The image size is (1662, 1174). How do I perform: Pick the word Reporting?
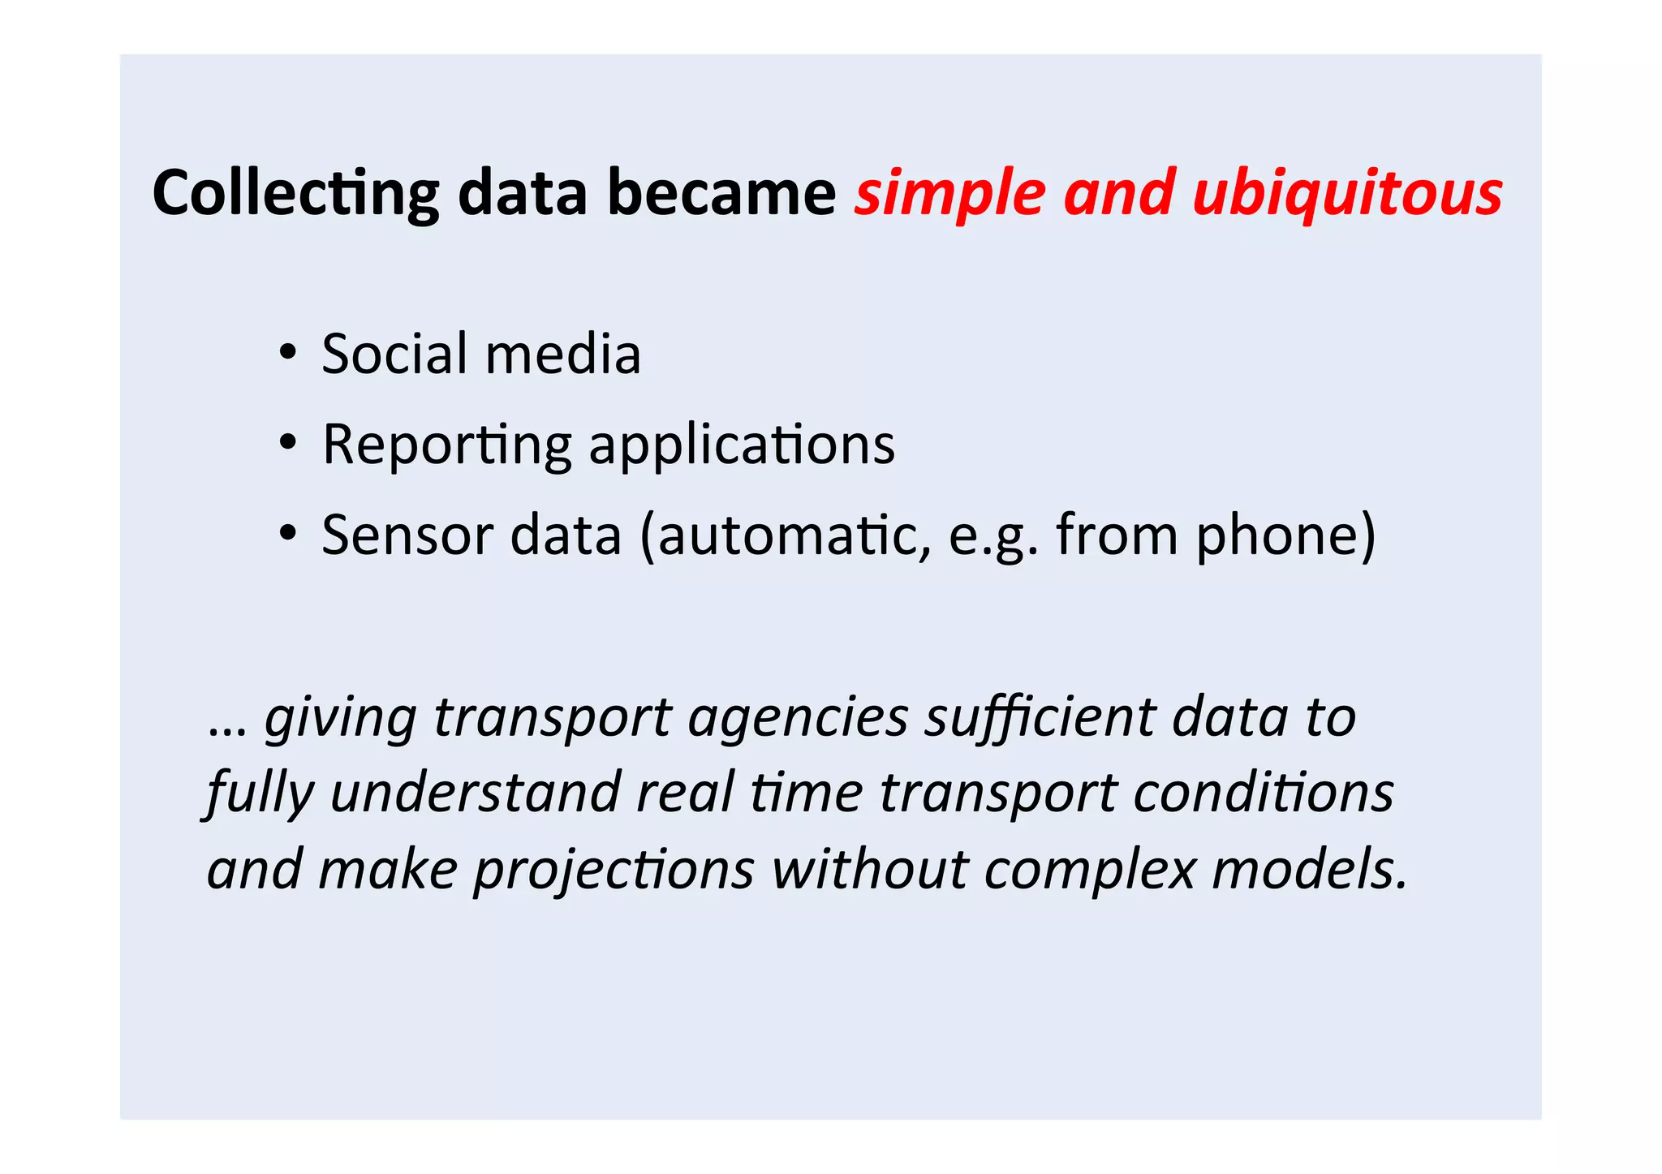click(447, 445)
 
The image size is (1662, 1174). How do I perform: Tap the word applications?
click(742, 445)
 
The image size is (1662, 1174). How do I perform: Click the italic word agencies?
click(798, 718)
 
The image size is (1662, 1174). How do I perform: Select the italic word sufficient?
click(1040, 718)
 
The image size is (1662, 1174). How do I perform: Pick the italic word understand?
click(476, 792)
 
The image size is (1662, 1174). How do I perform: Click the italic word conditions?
click(1264, 792)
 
